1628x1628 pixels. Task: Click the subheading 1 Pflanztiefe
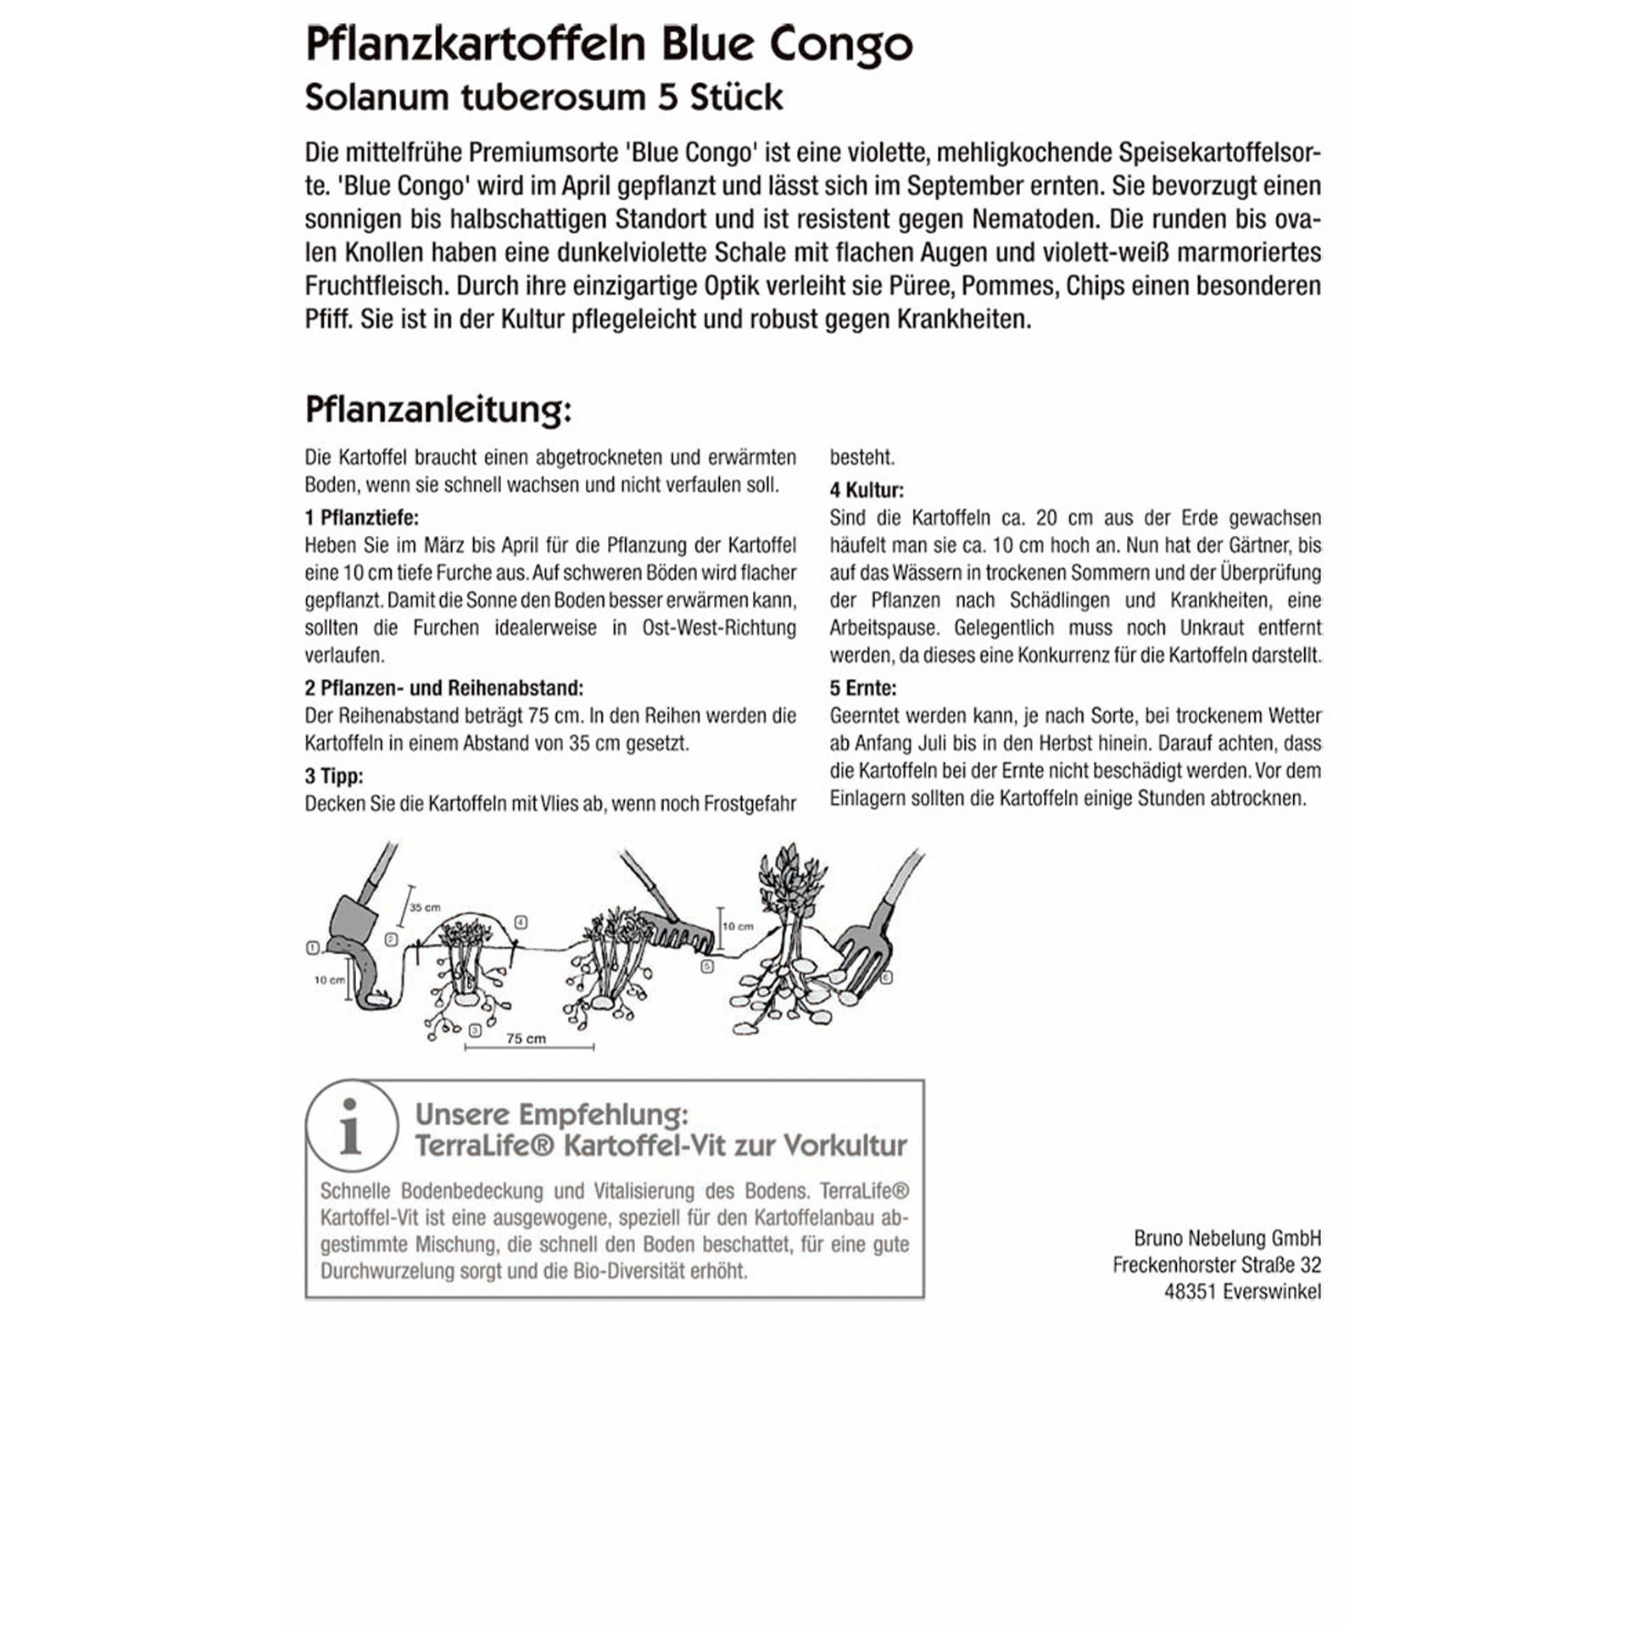point(361,517)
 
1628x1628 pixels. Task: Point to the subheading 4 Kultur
point(867,490)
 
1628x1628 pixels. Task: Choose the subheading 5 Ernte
point(862,688)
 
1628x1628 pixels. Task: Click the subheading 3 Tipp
point(334,776)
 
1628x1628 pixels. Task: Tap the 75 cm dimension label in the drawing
point(526,1039)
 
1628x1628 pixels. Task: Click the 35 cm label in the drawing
point(425,907)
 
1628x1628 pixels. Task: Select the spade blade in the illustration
point(351,920)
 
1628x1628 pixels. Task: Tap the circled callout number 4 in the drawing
point(521,922)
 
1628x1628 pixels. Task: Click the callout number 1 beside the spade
point(312,948)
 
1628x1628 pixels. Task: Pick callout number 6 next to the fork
point(887,978)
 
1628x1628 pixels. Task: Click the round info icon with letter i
point(351,1126)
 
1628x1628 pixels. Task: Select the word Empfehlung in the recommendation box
point(604,1113)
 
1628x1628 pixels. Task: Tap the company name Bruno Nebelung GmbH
point(1227,1237)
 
